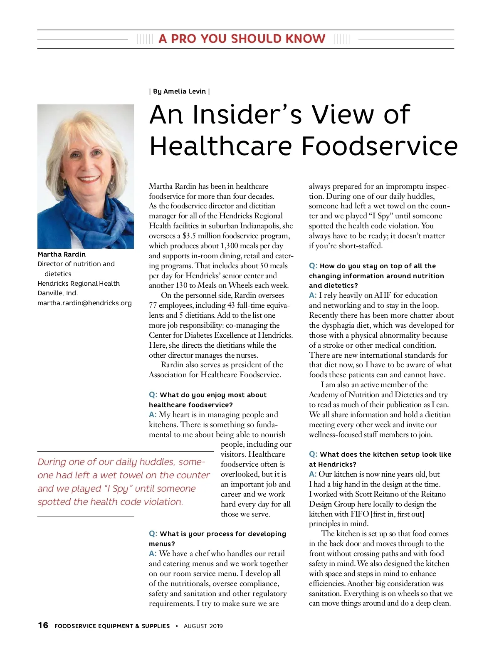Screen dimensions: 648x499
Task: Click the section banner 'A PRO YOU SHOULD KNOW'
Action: (242, 39)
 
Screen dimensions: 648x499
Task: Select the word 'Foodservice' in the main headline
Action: (379, 146)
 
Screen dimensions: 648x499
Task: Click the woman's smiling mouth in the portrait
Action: (89, 180)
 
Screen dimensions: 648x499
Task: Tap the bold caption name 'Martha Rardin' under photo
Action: (62, 255)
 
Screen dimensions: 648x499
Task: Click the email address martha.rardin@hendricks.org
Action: (84, 303)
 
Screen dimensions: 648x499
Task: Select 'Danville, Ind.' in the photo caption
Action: (57, 293)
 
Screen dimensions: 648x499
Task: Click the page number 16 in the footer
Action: (43, 626)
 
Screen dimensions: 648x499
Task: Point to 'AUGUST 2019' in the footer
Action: (203, 626)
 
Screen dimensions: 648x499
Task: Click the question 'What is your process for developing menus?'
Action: (217, 539)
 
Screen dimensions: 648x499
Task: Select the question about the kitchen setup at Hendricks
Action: (380, 459)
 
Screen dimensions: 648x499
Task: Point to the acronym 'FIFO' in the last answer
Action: (360, 514)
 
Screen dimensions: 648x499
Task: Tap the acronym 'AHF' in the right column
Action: (383, 295)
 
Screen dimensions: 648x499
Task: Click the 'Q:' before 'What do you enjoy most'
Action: (153, 395)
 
